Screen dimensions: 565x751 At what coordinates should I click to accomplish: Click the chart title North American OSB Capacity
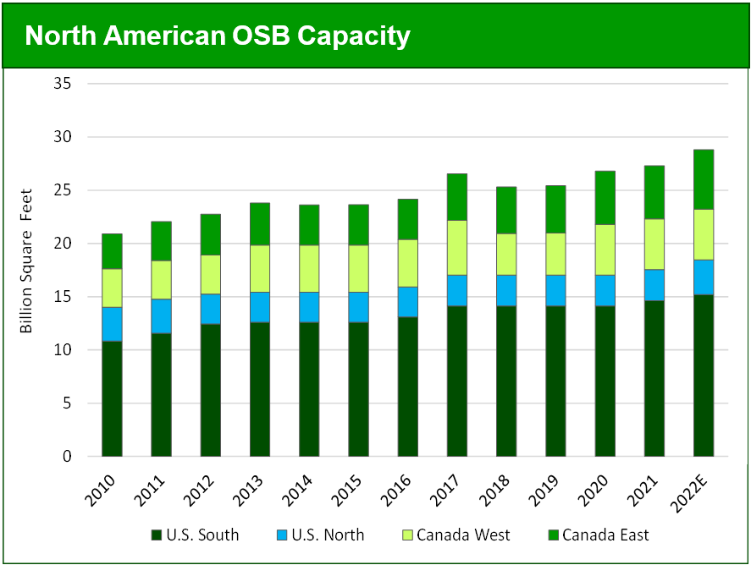(x=218, y=36)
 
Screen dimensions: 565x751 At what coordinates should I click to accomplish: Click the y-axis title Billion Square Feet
(x=26, y=260)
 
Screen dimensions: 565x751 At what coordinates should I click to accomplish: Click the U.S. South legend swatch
(x=157, y=535)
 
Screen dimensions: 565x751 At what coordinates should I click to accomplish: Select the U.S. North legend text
(x=327, y=535)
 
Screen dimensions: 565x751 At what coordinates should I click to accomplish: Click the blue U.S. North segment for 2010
(x=112, y=324)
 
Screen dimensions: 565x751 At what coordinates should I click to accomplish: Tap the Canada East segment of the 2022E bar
(x=704, y=179)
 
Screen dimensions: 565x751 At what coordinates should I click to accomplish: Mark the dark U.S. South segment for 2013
(x=260, y=389)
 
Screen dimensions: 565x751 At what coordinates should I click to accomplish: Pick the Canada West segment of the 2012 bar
(x=211, y=274)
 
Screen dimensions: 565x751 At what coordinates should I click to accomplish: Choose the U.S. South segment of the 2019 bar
(x=555, y=381)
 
